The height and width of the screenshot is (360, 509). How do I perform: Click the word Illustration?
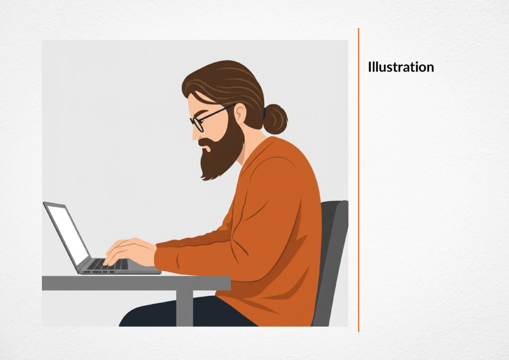(401, 67)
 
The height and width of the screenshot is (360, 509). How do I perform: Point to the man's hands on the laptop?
(130, 252)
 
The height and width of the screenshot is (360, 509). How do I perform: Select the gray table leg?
(185, 308)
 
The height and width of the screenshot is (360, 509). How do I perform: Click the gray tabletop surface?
(136, 283)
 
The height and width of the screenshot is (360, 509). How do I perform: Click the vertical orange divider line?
(359, 180)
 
